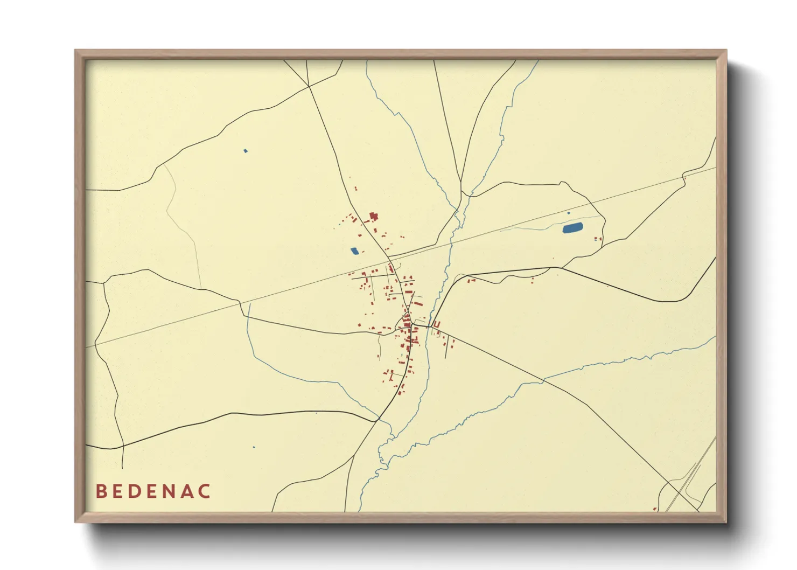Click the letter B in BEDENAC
101,491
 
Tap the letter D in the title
134,491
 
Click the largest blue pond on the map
572,228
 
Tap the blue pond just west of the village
354,251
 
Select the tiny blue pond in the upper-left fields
246,151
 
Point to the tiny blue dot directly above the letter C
254,447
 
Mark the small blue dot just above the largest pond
569,213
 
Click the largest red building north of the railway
373,217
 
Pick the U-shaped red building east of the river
437,325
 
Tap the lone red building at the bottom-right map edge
655,509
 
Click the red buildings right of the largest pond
597,239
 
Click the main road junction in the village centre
412,325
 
